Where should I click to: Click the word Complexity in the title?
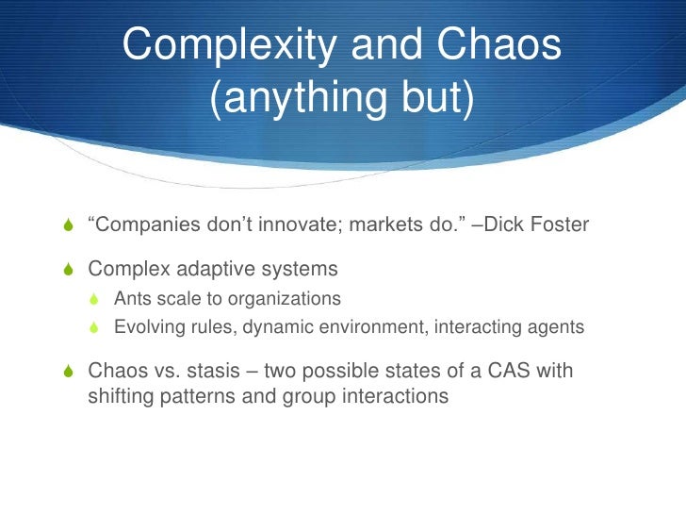click(x=224, y=45)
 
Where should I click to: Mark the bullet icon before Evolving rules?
click(x=94, y=328)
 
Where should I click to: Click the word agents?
click(x=555, y=328)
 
